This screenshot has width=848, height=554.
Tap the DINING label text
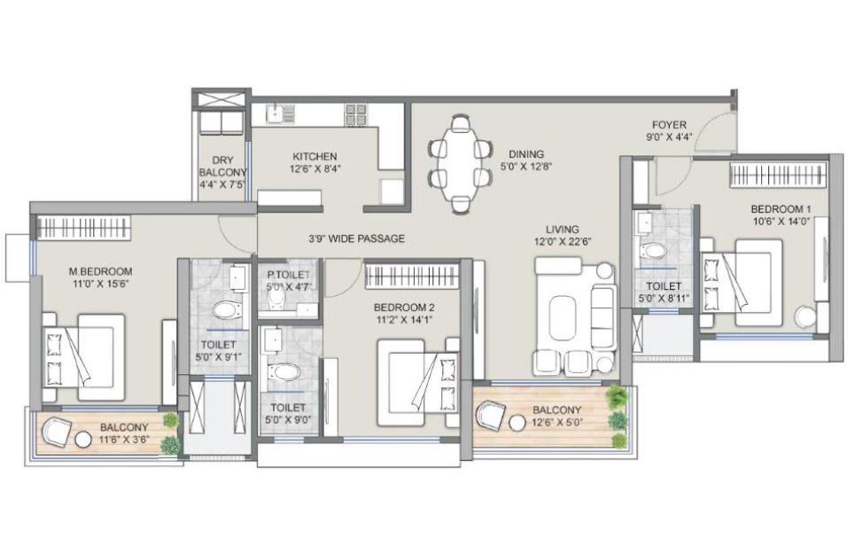tap(525, 155)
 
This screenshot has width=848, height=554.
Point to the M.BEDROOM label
tap(101, 271)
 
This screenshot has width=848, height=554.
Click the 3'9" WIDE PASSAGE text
tap(356, 238)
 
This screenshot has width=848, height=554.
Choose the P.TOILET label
tap(288, 275)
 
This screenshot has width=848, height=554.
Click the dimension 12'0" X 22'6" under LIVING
tap(563, 241)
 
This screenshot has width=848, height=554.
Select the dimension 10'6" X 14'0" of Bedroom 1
tap(781, 221)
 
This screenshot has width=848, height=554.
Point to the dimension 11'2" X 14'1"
tap(404, 319)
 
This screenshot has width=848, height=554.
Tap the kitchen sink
tap(280, 113)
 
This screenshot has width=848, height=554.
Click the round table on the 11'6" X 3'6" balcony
tap(83, 440)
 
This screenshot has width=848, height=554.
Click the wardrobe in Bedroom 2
tap(411, 276)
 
